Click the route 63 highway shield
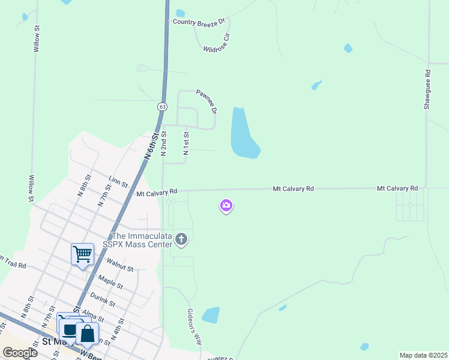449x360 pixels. coord(162,106)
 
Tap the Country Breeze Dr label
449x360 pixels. coord(198,22)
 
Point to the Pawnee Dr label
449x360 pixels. coord(206,101)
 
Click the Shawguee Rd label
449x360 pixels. coord(427,89)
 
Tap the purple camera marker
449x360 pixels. coord(226,206)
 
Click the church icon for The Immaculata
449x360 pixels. coord(181,241)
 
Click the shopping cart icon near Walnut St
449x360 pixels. coord(82,254)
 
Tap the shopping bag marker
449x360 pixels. coord(88,334)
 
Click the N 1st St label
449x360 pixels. coord(187,143)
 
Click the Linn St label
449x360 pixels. coord(118,181)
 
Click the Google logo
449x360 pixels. coord(20,352)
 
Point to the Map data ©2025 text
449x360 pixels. coord(423,355)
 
